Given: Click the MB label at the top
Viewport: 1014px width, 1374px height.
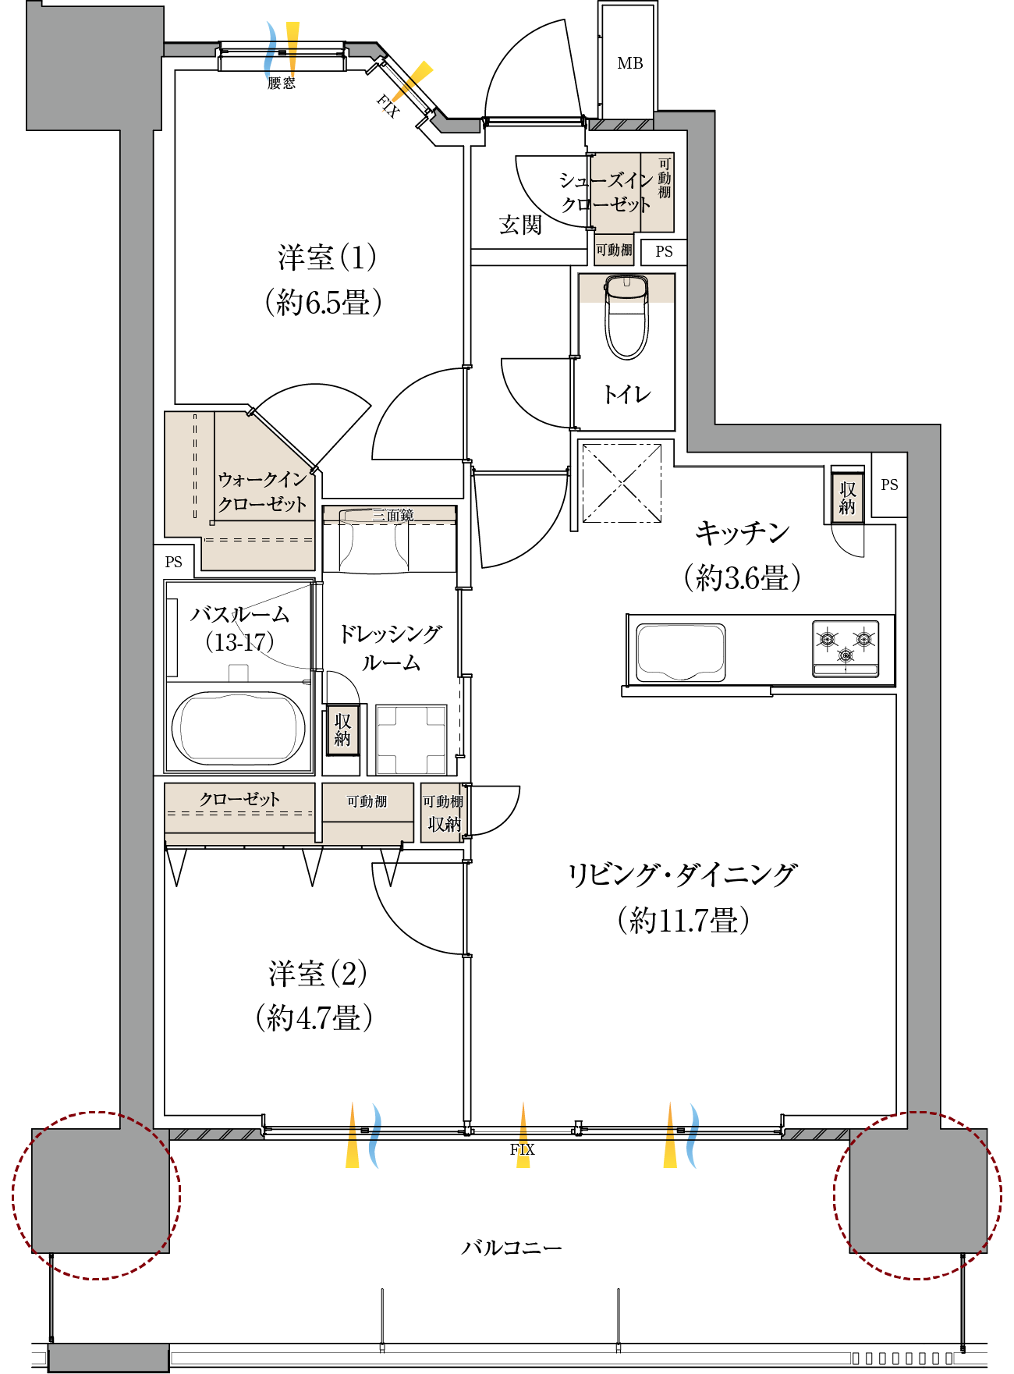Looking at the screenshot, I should [630, 63].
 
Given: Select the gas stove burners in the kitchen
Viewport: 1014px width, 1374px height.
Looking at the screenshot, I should [846, 647].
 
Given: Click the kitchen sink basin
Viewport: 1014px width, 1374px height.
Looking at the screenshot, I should [681, 651].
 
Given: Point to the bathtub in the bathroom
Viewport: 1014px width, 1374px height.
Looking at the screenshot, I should [239, 728].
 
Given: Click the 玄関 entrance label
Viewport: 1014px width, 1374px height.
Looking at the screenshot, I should [520, 225].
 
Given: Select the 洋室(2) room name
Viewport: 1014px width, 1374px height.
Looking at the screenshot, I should [317, 973].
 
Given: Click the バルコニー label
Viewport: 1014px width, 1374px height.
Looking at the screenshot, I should [511, 1248].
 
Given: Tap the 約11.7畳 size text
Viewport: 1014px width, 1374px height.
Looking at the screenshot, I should [683, 921].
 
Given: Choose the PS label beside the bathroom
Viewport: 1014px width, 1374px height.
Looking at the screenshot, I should [174, 562].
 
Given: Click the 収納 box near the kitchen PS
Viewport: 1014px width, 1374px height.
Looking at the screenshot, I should [847, 498].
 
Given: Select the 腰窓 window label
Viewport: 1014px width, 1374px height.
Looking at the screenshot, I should [281, 83].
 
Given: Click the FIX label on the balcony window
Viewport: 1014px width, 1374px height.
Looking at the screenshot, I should [522, 1149].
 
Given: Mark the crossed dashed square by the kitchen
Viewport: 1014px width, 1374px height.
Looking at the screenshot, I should [622, 483].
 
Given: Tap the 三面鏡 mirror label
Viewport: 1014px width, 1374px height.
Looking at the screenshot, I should [393, 515].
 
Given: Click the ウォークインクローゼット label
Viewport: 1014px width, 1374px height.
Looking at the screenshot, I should [262, 492].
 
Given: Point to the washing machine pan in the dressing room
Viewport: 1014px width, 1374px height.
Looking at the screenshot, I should [411, 739].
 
